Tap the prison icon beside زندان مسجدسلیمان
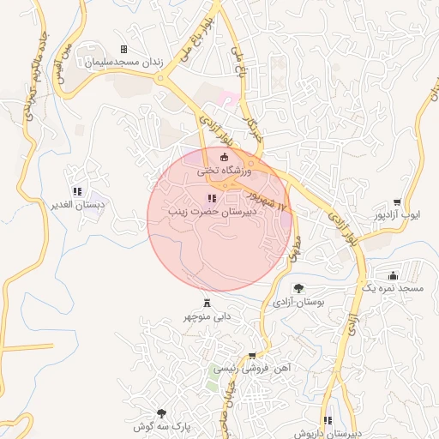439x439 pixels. (x=123, y=50)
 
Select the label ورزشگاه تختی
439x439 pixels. (x=226, y=171)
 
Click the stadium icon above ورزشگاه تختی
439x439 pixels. (x=226, y=157)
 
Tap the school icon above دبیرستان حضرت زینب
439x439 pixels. (x=212, y=199)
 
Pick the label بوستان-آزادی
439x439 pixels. (x=298, y=303)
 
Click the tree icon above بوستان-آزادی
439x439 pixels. (x=298, y=289)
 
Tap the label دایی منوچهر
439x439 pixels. (x=207, y=316)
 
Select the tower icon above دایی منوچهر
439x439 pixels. (x=207, y=303)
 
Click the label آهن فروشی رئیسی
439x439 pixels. (x=252, y=368)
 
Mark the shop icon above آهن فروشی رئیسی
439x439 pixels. (x=252, y=355)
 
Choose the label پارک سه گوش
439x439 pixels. (x=162, y=426)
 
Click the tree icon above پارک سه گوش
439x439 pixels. (x=162, y=413)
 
